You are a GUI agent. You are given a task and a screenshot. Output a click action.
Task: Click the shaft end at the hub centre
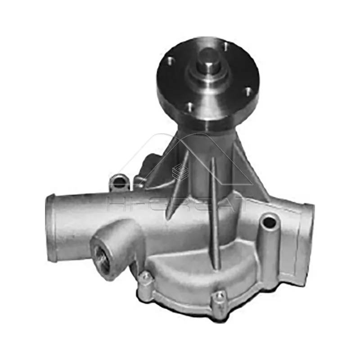click(208, 59)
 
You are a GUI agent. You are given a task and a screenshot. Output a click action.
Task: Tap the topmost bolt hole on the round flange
click(225, 45)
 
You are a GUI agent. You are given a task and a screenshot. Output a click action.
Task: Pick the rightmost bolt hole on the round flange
click(247, 92)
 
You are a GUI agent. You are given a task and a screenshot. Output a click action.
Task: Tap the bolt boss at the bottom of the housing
click(219, 297)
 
